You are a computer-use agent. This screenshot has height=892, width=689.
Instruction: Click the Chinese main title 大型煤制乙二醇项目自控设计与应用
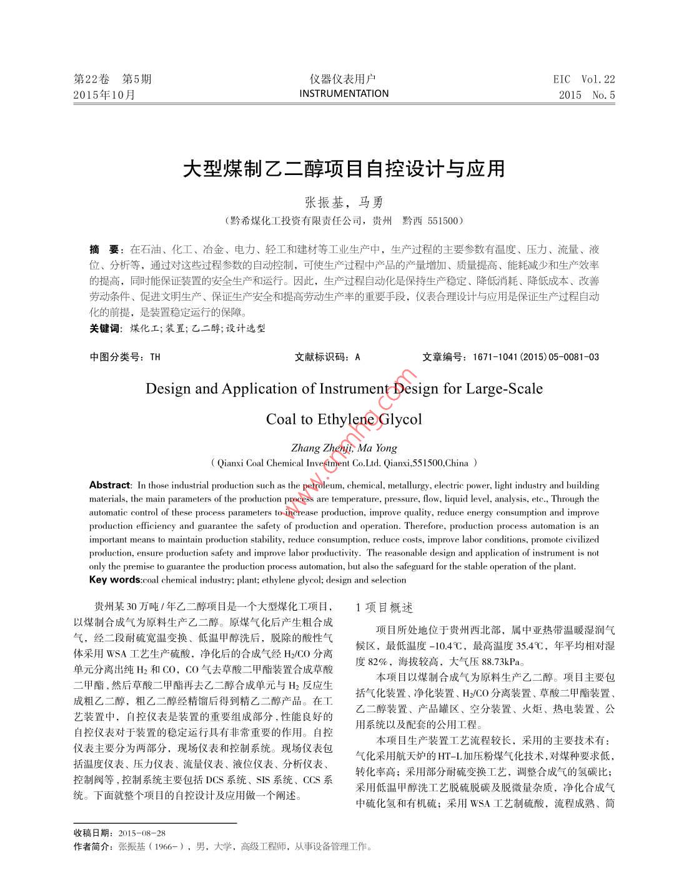344,169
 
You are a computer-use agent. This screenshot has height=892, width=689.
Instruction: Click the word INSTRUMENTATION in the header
344,94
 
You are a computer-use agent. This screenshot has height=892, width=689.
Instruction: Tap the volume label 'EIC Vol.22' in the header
583,79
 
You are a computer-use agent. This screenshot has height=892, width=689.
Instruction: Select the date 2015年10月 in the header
104,95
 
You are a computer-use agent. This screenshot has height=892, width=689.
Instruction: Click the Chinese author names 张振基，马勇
344,203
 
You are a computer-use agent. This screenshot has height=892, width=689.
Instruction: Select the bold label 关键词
104,329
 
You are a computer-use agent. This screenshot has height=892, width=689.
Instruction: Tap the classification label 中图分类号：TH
125,357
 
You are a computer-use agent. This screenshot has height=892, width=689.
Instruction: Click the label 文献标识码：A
327,357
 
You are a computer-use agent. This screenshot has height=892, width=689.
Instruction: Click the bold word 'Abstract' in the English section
109,485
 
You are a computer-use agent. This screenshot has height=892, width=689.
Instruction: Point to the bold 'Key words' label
115,580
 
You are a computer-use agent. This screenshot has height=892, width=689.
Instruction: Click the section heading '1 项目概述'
384,608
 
